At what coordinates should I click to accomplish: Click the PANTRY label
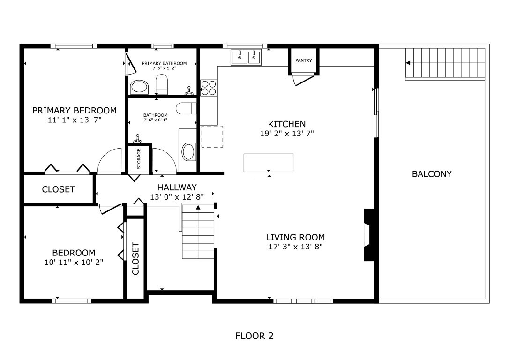point(303,60)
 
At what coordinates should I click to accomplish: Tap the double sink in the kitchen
point(246,58)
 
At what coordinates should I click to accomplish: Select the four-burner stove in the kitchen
point(209,88)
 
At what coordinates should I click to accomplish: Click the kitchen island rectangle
point(268,163)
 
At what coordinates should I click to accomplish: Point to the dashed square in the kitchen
point(212,136)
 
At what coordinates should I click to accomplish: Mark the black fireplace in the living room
point(368,234)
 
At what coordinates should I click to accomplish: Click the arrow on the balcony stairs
point(408,63)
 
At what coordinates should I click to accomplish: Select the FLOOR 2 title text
point(254,336)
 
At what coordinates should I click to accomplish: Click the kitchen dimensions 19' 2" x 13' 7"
point(287,133)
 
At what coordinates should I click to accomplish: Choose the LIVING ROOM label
point(295,237)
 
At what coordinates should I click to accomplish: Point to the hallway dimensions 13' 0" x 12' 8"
point(177,197)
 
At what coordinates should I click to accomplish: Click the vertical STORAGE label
point(139,158)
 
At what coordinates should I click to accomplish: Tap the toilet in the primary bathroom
point(162,84)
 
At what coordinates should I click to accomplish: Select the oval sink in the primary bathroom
point(139,87)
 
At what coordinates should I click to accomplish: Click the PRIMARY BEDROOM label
point(74,111)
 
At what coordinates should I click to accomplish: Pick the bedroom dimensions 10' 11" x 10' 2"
point(74,262)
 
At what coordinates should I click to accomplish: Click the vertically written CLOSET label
point(136,258)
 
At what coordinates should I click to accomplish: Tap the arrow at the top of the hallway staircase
point(198,207)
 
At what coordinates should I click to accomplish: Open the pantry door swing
point(301,80)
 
